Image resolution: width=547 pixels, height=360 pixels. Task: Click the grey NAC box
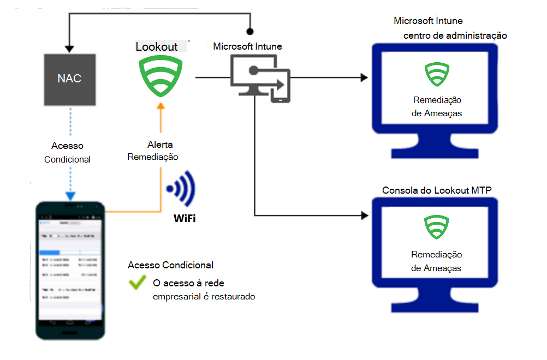tap(69, 79)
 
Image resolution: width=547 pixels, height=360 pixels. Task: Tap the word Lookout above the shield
tap(157, 47)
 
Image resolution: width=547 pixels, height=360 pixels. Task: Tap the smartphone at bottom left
tap(70, 270)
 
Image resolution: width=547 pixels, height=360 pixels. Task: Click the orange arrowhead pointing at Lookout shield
tap(160, 106)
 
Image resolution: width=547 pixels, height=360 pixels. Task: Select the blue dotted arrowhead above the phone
tap(70, 196)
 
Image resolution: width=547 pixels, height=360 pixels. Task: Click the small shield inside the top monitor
tap(436, 75)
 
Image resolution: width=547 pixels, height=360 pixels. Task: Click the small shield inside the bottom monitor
tap(436, 227)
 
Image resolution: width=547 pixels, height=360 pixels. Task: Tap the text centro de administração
tap(455, 35)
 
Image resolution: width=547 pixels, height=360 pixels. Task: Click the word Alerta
tap(160, 145)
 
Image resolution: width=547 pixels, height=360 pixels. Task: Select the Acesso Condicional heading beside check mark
tap(170, 265)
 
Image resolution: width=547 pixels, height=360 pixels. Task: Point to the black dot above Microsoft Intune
tap(250, 32)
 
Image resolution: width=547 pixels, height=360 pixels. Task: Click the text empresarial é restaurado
tap(204, 297)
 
